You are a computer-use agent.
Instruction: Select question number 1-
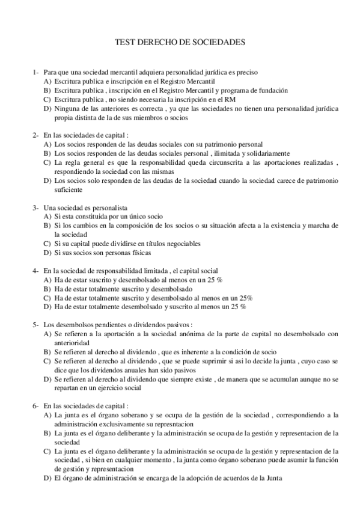click(36, 72)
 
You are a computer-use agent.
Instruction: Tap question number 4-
click(36, 271)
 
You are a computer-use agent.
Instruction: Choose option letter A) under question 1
click(47, 81)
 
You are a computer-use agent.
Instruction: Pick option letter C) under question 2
click(47, 162)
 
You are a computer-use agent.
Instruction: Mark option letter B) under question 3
click(47, 226)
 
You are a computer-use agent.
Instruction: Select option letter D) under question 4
click(47, 307)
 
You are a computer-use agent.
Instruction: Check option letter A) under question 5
click(47, 334)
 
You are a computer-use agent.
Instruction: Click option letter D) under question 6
click(47, 478)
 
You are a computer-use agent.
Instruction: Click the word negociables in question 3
click(182, 244)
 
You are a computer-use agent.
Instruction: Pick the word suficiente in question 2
click(68, 189)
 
